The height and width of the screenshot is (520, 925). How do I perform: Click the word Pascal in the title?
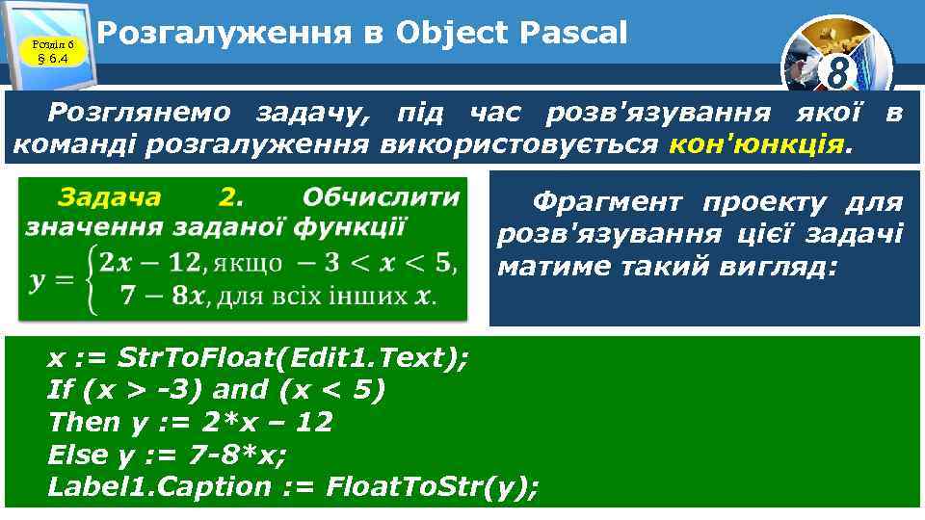point(572,34)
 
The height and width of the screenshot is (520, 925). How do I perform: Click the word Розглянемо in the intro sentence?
point(140,113)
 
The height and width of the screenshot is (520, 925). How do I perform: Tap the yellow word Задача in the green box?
point(109,197)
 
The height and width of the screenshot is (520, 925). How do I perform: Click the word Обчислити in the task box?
point(381,197)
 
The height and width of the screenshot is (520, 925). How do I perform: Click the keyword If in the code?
point(60,390)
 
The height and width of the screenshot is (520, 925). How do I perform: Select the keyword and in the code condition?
point(240,390)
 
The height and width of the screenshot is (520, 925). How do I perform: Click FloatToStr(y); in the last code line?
point(433,486)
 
